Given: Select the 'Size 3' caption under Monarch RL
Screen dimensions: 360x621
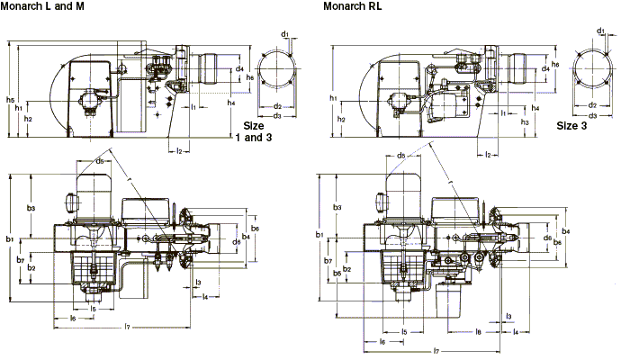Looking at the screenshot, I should coord(572,126).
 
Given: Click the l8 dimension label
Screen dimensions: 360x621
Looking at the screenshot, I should coord(478,332).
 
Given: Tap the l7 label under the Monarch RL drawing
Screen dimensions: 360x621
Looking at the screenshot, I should coord(436,349).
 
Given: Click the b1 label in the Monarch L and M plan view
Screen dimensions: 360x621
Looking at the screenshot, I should coord(9,238).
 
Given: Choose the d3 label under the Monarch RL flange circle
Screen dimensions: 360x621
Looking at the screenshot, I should coord(592,116).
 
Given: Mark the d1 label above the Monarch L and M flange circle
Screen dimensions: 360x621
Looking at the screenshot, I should coord(284,33).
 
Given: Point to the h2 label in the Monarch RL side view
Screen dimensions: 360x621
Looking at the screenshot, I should coord(340,119).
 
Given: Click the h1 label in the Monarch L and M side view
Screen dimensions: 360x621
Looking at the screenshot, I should coord(19,108).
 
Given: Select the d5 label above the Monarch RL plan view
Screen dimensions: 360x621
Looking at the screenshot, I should coord(400,156).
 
